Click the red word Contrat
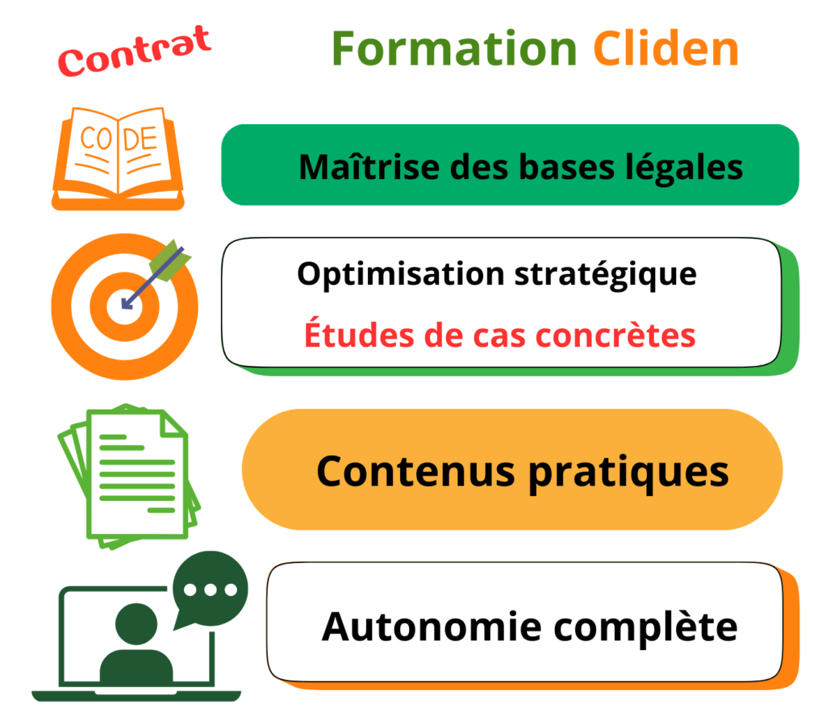coord(135,51)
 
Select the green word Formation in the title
coord(455,48)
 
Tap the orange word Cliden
coord(665,48)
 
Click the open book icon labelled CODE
coord(118,159)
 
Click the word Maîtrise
coord(369,166)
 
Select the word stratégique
coord(605,275)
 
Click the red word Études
coord(359,333)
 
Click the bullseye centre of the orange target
coord(124,306)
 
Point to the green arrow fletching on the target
coord(169,260)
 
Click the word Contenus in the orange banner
coord(415,472)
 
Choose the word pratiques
coord(628,474)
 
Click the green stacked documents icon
coord(129,477)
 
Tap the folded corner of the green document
coord(173,424)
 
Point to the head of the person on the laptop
coord(136,623)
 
